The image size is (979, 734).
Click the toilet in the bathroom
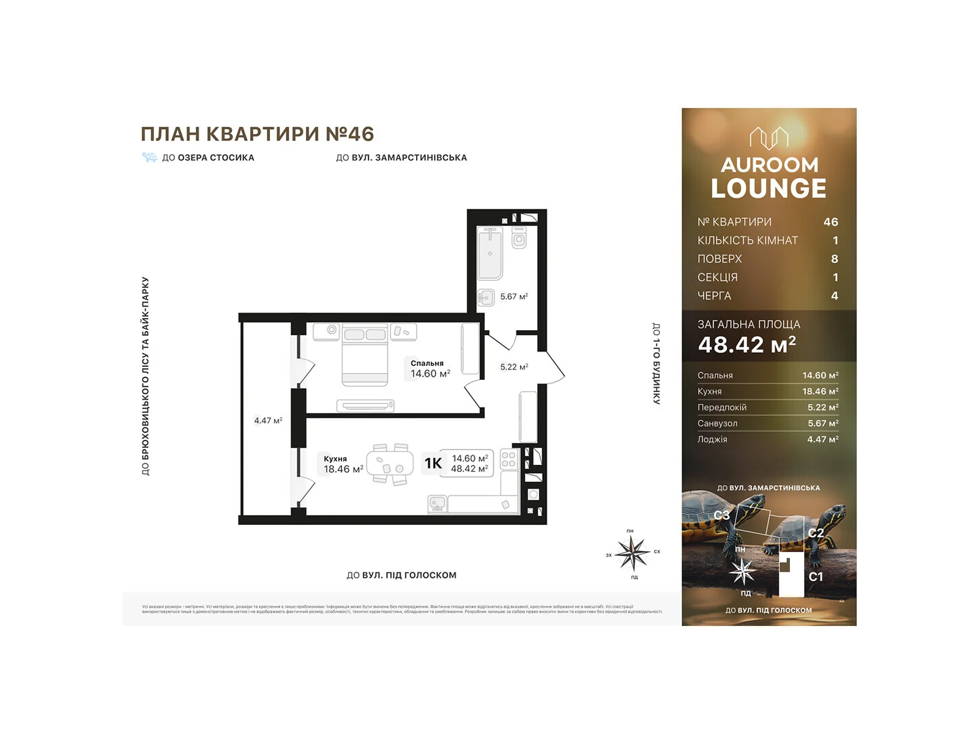pos(519,238)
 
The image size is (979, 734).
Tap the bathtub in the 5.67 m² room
pos(490,253)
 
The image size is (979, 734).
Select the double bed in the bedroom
pos(365,354)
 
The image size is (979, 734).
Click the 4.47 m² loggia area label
pos(268,421)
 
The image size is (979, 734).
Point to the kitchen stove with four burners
pos(508,460)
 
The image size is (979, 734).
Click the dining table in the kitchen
pos(390,464)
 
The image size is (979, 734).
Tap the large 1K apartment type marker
pos(433,464)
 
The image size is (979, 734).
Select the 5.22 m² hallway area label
pos(514,367)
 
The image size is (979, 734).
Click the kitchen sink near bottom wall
pos(437,504)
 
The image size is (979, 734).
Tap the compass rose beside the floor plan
pos(632,553)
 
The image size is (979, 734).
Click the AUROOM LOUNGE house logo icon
pos(769,138)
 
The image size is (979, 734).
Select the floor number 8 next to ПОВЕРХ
pos(834,259)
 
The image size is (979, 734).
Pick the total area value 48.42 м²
pos(746,345)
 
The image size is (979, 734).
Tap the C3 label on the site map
pos(721,516)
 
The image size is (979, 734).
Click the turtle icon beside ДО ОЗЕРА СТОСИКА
pos(150,157)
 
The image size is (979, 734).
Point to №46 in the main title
pos(349,133)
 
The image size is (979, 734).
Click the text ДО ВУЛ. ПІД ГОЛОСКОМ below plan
pos(401,575)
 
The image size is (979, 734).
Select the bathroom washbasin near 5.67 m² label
pos(486,298)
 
